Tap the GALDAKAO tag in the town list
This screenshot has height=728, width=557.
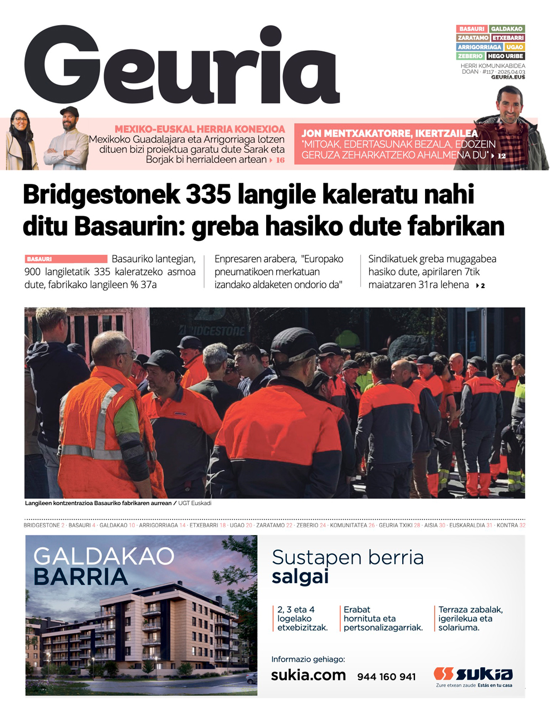pos(507,29)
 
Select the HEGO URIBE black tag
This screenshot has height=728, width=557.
pos(506,56)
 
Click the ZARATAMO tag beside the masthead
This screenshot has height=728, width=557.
pos(473,38)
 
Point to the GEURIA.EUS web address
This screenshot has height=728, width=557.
pos(508,77)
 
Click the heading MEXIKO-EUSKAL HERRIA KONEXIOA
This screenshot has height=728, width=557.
pos(199,129)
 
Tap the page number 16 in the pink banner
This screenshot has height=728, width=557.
pos(280,160)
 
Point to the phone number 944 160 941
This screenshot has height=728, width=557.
pos(387,677)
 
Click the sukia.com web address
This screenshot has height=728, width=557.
pos(308,675)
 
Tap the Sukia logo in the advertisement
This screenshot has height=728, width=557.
pos(473,674)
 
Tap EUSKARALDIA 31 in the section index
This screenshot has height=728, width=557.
pos(471,525)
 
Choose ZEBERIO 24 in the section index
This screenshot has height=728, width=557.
pos(311,525)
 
